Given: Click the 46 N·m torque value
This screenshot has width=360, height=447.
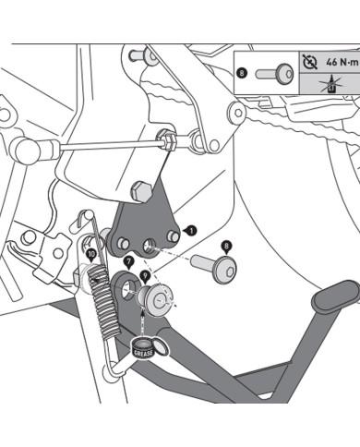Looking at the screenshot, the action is pos(342,63).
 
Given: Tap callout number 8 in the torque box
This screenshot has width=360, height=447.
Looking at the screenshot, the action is pos(242,73).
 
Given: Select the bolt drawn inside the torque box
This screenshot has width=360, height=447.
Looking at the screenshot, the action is pos(274,74).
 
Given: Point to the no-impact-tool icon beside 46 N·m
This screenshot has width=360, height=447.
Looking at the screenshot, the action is pos(310,62).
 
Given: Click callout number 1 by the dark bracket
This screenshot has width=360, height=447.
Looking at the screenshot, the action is pos(191,230).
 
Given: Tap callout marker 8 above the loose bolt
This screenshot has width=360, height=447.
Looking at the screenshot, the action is pos(226,247).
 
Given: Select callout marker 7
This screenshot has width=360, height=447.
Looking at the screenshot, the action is pos(128,262).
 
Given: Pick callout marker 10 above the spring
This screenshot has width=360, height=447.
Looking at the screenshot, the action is pos(91,255).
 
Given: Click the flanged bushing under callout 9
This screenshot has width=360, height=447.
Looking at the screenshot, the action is pos(154,299).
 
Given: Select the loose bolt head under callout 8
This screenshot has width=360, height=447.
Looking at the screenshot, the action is pos(226,271).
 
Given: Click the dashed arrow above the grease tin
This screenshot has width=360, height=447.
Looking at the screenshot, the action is pos(143,323).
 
